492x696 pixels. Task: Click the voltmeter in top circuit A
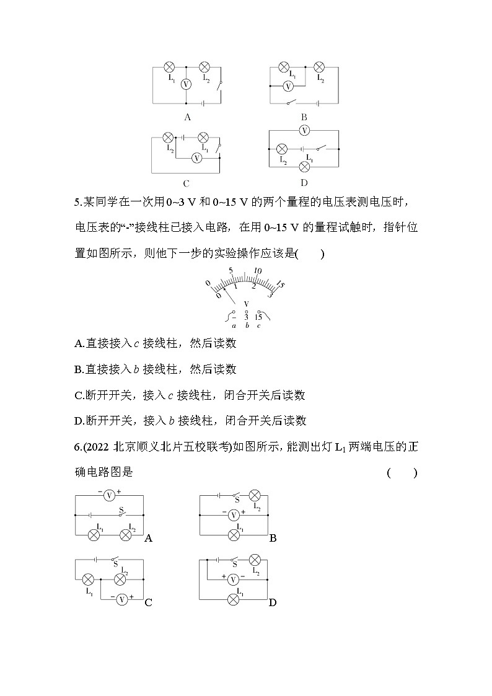click(x=184, y=84)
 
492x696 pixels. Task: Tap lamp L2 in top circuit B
click(x=319, y=67)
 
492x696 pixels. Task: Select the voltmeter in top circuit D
click(x=304, y=130)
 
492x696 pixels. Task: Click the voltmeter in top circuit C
click(x=196, y=158)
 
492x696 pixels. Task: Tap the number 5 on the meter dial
click(x=231, y=271)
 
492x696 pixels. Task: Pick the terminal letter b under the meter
click(x=247, y=325)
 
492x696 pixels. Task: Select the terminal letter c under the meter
click(x=258, y=325)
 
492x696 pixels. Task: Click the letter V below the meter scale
click(x=247, y=304)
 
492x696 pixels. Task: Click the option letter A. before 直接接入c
click(x=79, y=343)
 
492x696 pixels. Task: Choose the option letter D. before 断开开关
click(x=79, y=421)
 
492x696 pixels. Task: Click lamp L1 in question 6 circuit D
click(x=234, y=599)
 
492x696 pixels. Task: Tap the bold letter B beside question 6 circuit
click(x=273, y=539)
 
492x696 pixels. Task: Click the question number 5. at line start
click(x=77, y=201)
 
